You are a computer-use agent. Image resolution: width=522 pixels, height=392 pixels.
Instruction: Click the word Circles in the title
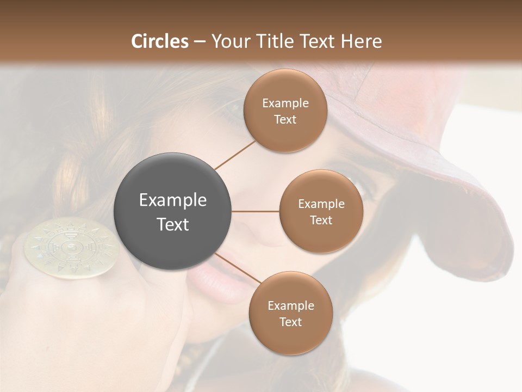click(x=159, y=41)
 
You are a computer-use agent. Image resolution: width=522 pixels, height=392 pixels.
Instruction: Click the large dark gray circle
click(x=172, y=211)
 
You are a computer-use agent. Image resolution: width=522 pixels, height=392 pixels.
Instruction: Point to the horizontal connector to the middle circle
click(x=256, y=211)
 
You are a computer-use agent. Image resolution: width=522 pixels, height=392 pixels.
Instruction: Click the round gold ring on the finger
click(x=71, y=248)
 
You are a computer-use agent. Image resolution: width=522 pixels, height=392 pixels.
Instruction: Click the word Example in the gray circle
click(x=172, y=200)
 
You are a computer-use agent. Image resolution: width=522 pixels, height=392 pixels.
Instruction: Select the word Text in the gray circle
click(x=172, y=224)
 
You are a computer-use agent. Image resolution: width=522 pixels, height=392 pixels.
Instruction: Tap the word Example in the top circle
click(x=285, y=103)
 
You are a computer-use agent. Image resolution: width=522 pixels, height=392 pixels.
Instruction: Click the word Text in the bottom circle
click(x=290, y=322)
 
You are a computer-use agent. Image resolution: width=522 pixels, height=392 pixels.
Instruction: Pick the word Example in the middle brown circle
click(x=321, y=204)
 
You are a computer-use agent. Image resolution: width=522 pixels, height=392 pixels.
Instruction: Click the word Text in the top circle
click(x=285, y=119)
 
